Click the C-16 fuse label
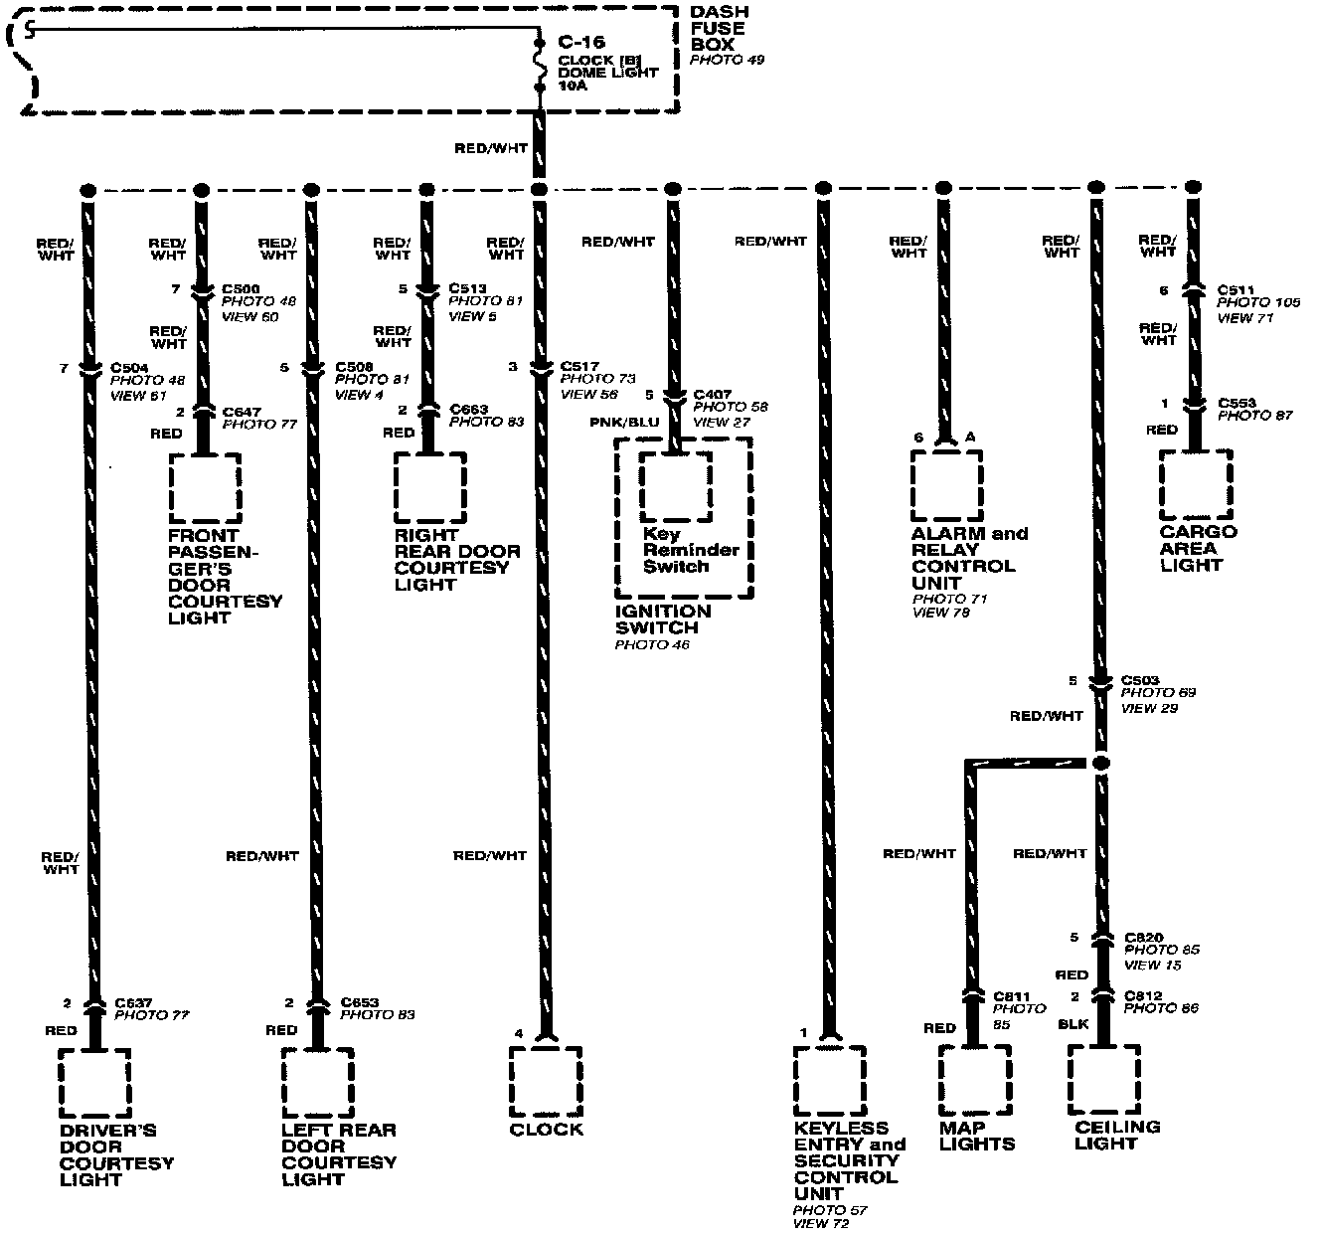click(580, 43)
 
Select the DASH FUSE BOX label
click(719, 28)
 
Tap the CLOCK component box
click(545, 1082)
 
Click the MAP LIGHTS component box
click(975, 1082)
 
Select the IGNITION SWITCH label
click(663, 619)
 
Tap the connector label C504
click(129, 367)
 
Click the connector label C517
click(579, 367)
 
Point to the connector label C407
click(712, 394)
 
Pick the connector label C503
click(1140, 680)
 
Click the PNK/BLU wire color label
click(624, 422)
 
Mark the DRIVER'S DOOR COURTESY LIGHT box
click(94, 1083)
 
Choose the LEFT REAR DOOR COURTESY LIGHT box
click(317, 1083)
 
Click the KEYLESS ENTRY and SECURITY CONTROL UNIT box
click(829, 1081)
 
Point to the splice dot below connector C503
click(1100, 764)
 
